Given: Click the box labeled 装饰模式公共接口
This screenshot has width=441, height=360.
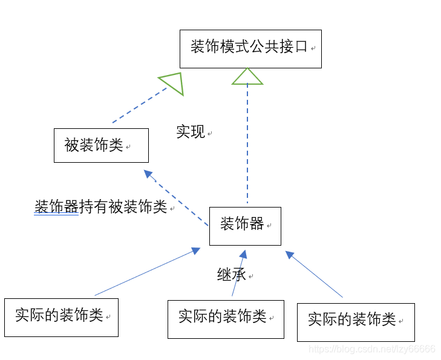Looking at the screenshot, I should (250, 48).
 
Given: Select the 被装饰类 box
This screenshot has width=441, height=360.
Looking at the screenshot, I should (101, 145).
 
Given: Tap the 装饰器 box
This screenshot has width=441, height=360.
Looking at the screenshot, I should (245, 226).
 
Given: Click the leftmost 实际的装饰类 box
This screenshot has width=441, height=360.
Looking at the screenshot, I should (61, 317).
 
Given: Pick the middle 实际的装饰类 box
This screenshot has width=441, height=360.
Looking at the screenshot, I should (226, 319).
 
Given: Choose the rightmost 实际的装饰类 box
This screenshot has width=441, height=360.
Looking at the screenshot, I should (356, 322).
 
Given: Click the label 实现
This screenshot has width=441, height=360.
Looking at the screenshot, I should (191, 132).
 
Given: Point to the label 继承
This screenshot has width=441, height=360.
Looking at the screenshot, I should (231, 275).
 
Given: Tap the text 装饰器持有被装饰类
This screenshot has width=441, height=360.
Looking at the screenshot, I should (101, 207).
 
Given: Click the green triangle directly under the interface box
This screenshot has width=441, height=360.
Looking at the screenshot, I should (247, 77).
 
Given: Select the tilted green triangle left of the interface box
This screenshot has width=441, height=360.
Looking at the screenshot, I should (172, 83).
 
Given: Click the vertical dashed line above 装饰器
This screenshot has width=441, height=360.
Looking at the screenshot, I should (247, 145).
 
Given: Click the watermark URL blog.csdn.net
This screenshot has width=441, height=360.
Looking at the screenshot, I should (371, 349).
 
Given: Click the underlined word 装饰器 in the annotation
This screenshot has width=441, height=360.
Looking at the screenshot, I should (57, 207).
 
